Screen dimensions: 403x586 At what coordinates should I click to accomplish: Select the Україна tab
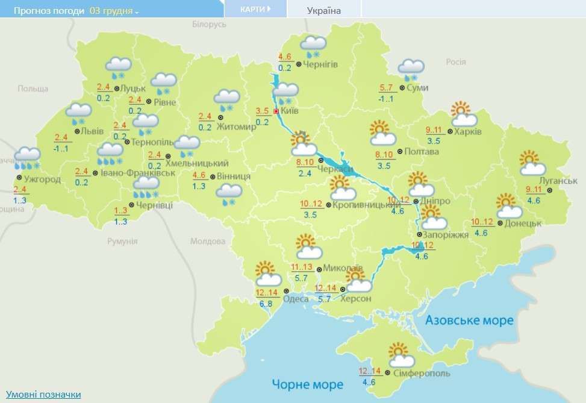click(323, 10)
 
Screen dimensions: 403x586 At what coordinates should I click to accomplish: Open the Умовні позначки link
click(43, 394)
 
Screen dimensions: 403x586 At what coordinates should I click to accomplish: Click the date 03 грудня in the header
click(113, 11)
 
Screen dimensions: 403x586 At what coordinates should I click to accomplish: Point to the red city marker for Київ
click(276, 111)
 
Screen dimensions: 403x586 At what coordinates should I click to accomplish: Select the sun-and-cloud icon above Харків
click(464, 114)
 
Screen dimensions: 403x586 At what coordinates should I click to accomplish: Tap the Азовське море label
click(469, 320)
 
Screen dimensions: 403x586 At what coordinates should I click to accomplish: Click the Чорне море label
click(307, 384)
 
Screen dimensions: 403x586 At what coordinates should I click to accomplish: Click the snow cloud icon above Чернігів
click(313, 46)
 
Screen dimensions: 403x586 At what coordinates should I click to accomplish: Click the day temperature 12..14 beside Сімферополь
click(370, 371)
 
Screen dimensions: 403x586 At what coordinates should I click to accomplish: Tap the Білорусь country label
click(209, 24)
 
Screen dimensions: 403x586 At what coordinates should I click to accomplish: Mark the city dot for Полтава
click(400, 152)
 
